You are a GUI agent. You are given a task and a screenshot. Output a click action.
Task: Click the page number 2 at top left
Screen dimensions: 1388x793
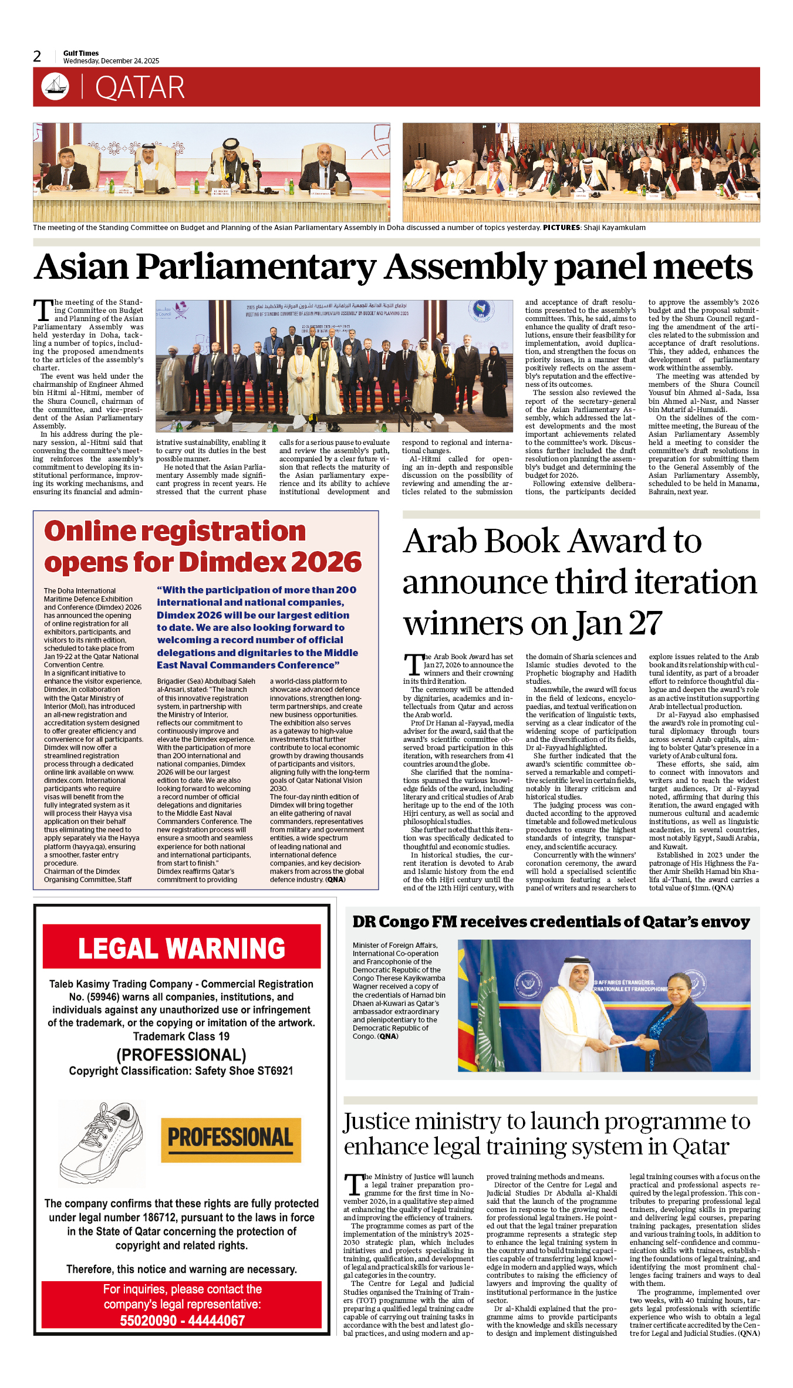(37, 56)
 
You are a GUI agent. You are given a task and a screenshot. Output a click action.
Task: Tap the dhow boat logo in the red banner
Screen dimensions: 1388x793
(55, 87)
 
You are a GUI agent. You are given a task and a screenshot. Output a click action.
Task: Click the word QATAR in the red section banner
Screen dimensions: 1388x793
(140, 88)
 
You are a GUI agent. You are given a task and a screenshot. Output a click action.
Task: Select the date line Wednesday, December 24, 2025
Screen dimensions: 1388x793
(111, 61)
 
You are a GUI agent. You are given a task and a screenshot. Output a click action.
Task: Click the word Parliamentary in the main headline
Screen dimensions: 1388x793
(256, 267)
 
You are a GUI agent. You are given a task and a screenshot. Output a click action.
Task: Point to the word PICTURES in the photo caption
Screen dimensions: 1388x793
(561, 228)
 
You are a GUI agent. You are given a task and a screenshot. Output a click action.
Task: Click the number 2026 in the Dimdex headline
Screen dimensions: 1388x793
(327, 562)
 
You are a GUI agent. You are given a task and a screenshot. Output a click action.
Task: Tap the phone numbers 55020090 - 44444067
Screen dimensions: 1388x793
(182, 1321)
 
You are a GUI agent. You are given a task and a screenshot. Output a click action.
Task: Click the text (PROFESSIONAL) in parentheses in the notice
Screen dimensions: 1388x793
(181, 1055)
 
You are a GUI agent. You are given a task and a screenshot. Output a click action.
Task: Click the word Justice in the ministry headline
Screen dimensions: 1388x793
(377, 1122)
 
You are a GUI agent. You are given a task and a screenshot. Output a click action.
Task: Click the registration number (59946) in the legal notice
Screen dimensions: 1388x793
(95, 997)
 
